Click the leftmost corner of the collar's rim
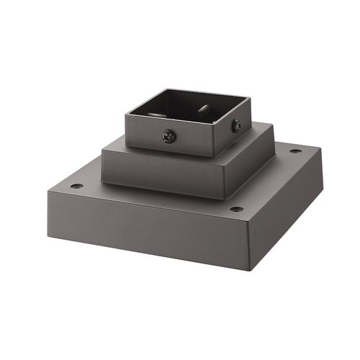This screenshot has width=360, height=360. tap(126, 111)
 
